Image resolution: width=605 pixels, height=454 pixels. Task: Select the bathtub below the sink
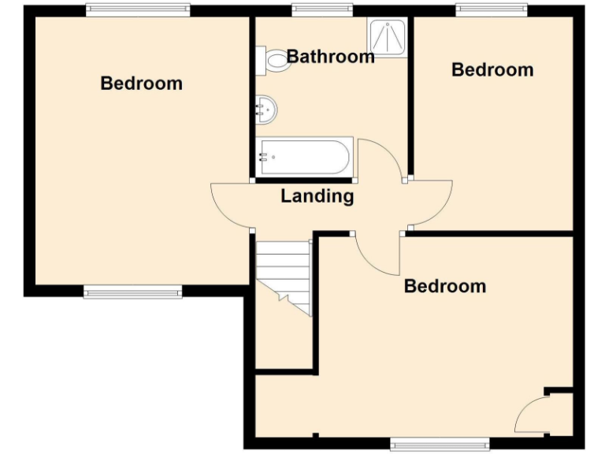(304, 157)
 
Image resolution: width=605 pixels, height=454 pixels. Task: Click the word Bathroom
(330, 57)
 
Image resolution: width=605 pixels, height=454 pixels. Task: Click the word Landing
(317, 196)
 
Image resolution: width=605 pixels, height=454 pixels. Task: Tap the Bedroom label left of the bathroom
(142, 83)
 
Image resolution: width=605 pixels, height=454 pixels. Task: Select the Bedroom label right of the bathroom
(492, 69)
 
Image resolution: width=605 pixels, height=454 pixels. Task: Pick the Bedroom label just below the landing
(445, 285)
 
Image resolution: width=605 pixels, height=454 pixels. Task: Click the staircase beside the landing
(284, 276)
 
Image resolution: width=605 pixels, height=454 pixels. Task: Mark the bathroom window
(322, 10)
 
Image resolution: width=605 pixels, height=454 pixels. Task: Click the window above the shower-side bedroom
(492, 10)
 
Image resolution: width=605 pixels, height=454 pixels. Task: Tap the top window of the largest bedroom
(138, 10)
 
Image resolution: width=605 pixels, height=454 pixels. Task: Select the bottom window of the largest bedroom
(132, 292)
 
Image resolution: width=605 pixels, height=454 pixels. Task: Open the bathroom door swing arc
(382, 158)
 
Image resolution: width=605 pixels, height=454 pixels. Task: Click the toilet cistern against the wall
(260, 60)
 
